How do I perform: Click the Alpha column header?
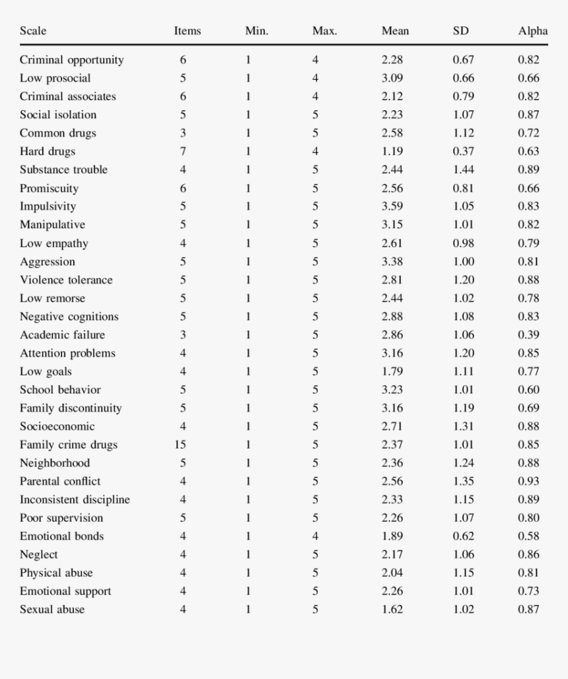pos(532,31)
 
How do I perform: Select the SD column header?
pos(460,31)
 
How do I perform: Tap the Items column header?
pos(187,31)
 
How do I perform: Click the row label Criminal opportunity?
pos(71,60)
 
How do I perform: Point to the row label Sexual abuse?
pos(52,610)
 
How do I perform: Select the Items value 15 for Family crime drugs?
pos(180,445)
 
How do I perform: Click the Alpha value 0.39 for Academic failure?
pos(528,335)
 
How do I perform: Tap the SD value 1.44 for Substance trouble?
pos(463,170)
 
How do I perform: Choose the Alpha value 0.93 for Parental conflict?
pos(528,481)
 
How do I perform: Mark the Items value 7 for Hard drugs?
pos(183,151)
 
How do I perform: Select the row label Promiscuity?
pos(49,189)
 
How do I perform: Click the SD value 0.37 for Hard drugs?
pos(463,151)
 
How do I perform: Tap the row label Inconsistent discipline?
pos(75,500)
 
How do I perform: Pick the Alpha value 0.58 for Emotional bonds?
pos(528,536)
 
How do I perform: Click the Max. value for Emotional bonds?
pos(315,536)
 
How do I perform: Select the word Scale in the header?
pos(33,31)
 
